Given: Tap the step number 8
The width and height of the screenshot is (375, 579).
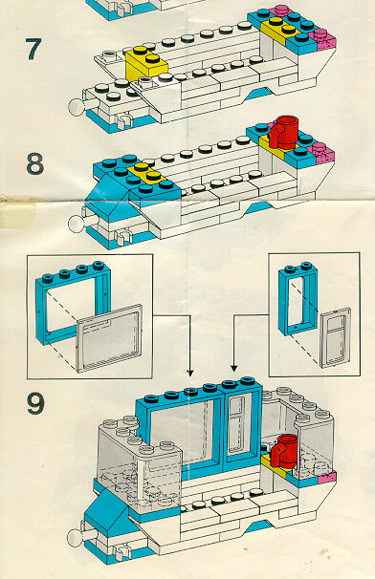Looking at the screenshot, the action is [x=35, y=163].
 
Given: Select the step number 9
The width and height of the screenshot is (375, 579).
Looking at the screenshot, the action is [x=35, y=403].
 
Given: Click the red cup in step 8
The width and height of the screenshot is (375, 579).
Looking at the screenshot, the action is [x=284, y=132].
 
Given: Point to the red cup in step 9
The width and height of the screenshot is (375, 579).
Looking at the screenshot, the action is [x=284, y=451].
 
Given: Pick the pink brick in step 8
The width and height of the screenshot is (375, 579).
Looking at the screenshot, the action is [x=321, y=152].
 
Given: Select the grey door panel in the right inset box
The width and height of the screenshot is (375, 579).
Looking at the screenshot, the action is [x=336, y=337].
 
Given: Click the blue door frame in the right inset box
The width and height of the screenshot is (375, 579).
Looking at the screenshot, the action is [x=298, y=298].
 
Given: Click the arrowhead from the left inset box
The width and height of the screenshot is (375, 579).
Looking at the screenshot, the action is [x=190, y=373].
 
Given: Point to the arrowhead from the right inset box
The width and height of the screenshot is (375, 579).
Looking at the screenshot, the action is [x=233, y=368].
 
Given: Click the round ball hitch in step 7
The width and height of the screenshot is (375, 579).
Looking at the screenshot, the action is [x=77, y=107].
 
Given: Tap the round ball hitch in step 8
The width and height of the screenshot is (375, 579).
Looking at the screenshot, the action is [x=77, y=224].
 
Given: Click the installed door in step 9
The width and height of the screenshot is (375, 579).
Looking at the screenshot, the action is [x=241, y=430].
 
